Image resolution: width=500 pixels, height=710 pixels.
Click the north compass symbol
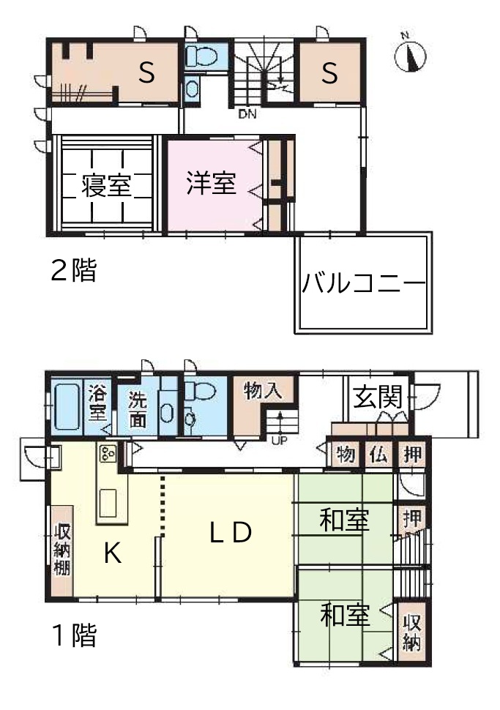point(411,56)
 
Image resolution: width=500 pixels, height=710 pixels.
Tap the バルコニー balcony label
point(364,283)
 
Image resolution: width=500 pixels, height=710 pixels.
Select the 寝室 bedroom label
point(106,185)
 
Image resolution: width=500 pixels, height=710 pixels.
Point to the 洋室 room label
point(211,183)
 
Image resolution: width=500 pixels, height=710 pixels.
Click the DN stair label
point(247,114)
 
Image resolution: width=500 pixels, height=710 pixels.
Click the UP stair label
point(279,439)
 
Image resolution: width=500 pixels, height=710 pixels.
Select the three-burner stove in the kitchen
point(108,453)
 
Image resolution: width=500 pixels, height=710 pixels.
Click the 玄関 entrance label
point(378,397)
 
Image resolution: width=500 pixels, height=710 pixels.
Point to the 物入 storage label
point(263,390)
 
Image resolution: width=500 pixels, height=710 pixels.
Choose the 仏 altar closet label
point(378,454)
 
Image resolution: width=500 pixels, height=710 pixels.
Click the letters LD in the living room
point(231,533)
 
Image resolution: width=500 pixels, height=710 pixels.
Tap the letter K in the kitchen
point(112,553)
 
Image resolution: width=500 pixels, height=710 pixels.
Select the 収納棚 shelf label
point(62,549)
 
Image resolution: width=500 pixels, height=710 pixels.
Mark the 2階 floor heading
point(73,270)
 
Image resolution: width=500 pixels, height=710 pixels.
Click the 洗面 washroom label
point(137,409)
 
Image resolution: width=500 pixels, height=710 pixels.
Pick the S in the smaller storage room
point(329,72)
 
